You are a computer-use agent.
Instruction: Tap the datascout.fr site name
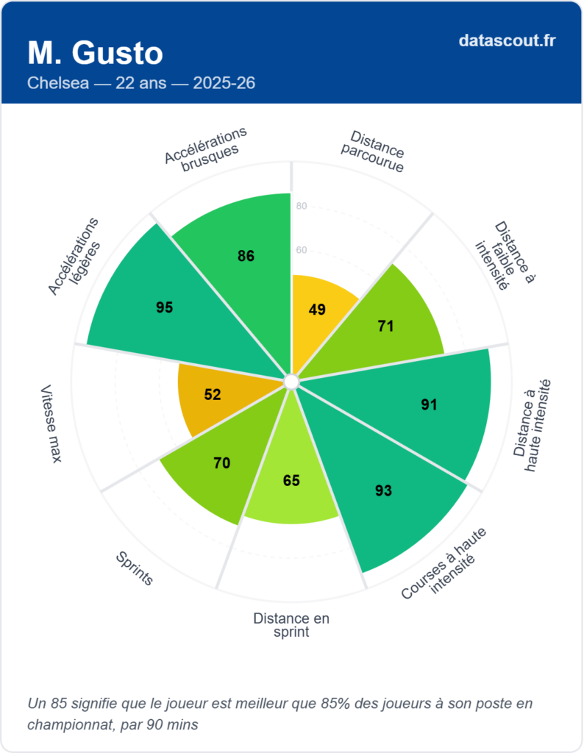(507, 40)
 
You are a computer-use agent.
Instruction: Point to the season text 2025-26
(224, 83)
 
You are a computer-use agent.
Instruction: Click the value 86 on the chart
(246, 256)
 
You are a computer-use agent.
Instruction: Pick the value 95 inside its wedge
(165, 307)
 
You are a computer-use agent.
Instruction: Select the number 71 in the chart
(385, 326)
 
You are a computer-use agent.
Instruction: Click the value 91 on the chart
(430, 404)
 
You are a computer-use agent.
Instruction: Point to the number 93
(383, 490)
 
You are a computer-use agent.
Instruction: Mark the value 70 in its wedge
(221, 463)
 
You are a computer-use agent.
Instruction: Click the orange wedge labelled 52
(213, 395)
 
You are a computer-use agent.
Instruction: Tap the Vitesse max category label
(51, 424)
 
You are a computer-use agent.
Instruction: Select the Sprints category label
(135, 568)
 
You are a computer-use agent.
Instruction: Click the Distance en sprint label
(291, 625)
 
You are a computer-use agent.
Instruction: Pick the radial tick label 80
(302, 207)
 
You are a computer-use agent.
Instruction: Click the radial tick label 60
(302, 251)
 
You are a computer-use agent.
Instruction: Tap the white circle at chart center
(291, 381)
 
